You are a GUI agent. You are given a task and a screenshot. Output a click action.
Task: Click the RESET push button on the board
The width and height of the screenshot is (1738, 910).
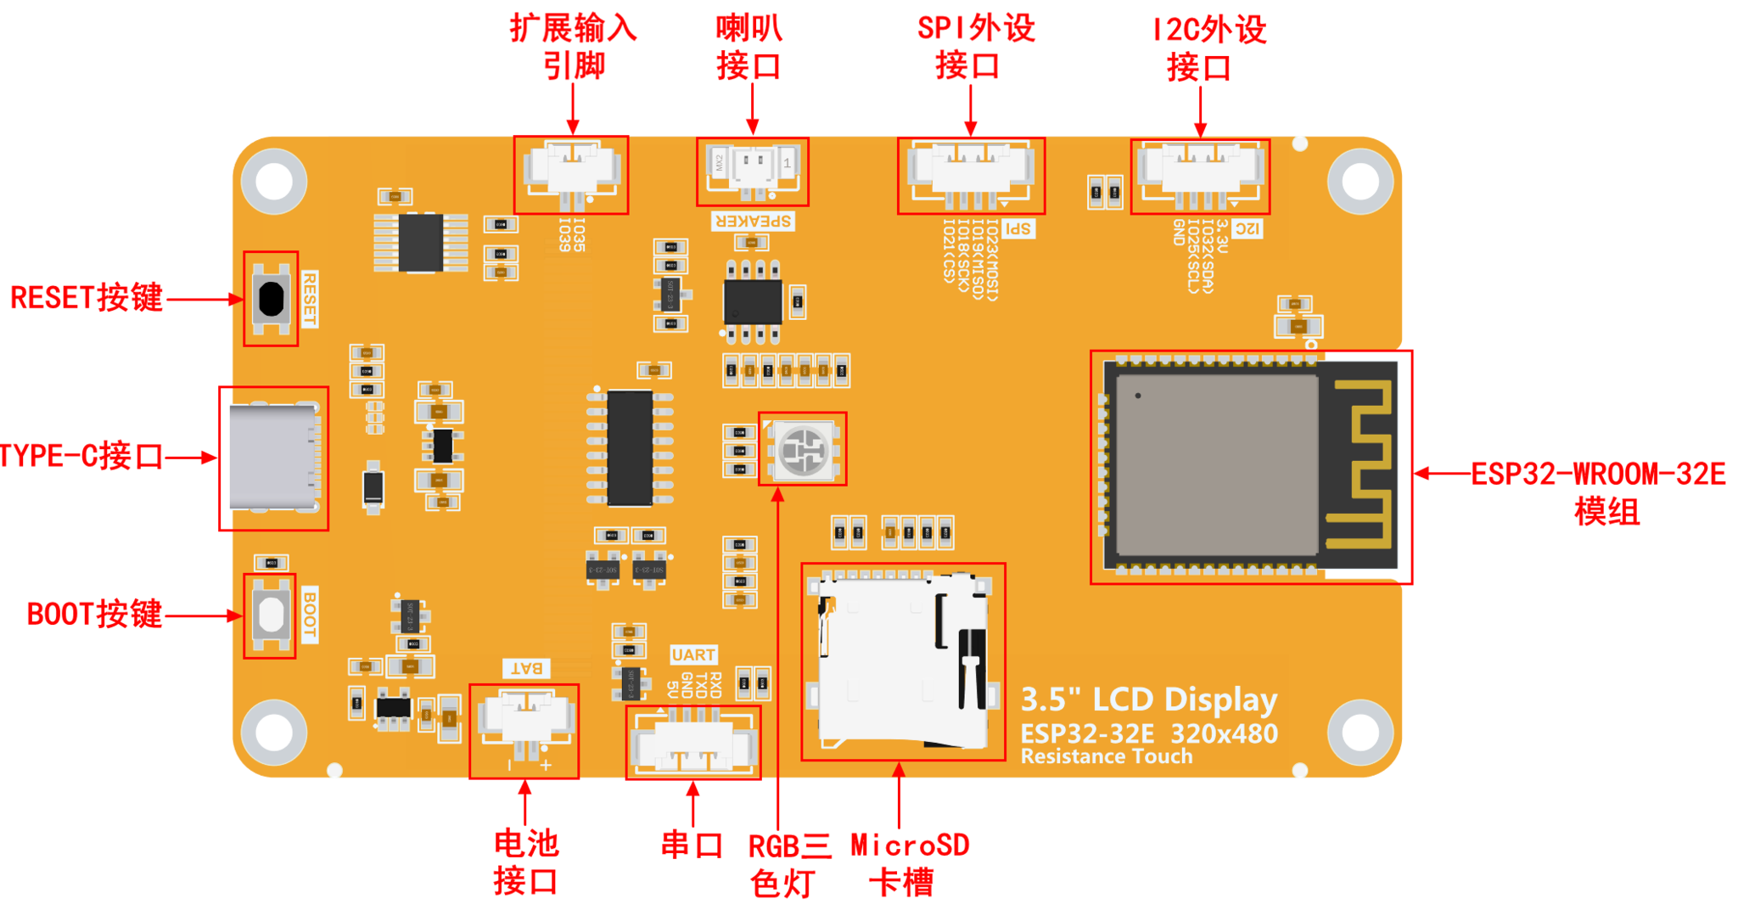[271, 299]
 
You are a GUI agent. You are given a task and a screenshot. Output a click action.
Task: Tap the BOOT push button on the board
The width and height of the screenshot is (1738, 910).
[271, 615]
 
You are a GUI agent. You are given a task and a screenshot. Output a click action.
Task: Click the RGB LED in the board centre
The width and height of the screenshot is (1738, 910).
[802, 449]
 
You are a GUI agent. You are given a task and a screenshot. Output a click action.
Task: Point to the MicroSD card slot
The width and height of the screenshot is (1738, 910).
[902, 662]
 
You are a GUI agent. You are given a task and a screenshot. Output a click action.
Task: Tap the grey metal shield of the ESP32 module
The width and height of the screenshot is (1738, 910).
[1215, 465]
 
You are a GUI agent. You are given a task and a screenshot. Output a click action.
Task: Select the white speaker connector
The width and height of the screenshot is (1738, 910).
[752, 169]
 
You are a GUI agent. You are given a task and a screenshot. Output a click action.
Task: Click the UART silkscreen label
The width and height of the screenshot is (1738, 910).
[693, 654]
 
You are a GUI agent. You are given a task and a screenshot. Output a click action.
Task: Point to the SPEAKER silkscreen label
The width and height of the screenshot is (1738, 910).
[753, 222]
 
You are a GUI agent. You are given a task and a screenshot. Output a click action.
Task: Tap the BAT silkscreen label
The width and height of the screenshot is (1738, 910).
[526, 668]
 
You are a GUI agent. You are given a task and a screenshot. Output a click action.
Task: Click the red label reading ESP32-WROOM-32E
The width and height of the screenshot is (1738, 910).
[1598, 475]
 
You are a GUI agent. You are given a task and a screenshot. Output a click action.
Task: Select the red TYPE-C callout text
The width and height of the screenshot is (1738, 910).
[81, 457]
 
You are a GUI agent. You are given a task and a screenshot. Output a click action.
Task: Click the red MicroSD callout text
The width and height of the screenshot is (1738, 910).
[909, 845]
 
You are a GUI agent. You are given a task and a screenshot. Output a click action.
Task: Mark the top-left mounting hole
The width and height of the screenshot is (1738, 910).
[274, 181]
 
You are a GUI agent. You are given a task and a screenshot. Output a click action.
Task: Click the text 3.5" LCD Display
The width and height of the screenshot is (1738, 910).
[1148, 699]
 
